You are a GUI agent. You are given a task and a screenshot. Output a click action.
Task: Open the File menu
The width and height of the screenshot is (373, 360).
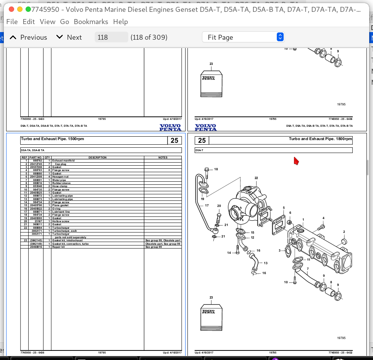coord(12,22)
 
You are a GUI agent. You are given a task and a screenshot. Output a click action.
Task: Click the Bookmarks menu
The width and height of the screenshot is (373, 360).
coord(91,22)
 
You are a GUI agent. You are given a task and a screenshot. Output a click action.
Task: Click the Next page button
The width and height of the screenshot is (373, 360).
coord(69,37)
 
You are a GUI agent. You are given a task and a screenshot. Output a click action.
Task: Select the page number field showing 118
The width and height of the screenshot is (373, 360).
coord(111,37)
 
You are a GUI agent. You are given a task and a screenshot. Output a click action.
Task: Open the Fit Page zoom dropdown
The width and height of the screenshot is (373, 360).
coord(243,37)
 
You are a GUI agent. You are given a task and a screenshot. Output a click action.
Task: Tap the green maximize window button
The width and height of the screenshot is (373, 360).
coord(28,10)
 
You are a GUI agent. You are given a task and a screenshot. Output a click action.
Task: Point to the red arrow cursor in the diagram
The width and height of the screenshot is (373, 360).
coord(296,161)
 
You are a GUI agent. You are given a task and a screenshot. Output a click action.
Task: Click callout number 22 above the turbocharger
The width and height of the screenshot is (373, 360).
coord(256,178)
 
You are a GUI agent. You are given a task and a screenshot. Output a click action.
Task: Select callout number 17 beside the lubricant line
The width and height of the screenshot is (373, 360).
coord(207,205)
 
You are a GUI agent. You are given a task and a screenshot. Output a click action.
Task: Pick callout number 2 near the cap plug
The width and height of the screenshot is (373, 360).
coord(344,232)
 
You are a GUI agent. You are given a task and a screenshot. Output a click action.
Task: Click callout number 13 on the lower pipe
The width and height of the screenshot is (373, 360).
coord(265,263)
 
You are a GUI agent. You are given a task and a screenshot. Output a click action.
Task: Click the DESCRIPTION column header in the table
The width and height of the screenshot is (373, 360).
coord(97,157)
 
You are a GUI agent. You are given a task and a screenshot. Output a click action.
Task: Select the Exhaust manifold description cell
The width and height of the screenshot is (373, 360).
coord(63,161)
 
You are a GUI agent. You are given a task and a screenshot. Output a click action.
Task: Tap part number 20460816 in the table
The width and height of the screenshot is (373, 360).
coord(36,247)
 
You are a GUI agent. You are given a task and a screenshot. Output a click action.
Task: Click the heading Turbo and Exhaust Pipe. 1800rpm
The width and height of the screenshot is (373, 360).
coord(320,139)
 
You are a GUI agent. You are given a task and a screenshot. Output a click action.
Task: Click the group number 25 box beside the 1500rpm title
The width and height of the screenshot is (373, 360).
coord(174,140)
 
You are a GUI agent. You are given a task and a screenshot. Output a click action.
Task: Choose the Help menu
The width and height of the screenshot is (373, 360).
coord(120,22)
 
